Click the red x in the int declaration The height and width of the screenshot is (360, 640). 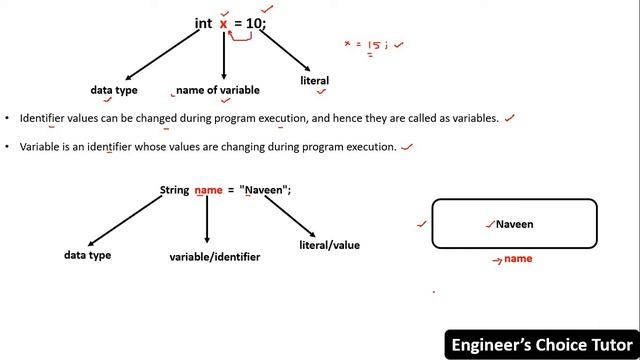tap(224, 22)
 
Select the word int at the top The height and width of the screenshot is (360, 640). tap(204, 22)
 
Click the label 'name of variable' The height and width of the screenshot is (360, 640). tap(218, 90)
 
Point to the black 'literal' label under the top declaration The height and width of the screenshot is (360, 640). tap(314, 80)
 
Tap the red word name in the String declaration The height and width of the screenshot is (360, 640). tap(208, 190)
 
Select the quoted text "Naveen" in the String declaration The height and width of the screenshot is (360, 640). tap(265, 190)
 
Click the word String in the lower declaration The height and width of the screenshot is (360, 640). tap(174, 190)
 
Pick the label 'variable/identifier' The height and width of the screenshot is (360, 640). tap(215, 257)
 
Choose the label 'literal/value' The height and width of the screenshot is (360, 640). tap(329, 245)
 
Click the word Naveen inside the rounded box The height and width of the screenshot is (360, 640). tap(514, 224)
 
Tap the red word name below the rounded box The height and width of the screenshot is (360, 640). tap(518, 259)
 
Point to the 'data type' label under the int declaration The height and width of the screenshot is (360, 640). tap(114, 90)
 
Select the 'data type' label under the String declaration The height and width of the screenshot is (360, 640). tap(88, 255)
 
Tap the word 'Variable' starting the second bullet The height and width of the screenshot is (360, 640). tap(41, 146)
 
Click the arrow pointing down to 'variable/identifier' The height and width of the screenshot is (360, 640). tap(207, 220)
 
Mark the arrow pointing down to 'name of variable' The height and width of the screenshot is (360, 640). tap(224, 55)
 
